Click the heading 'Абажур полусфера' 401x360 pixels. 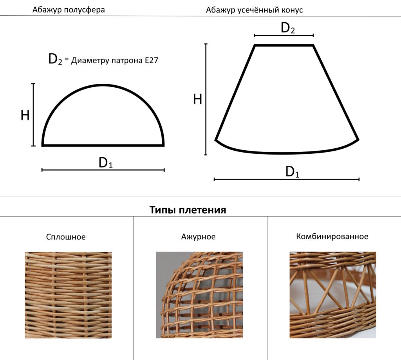click(69, 10)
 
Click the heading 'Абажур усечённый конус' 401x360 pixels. click(254, 10)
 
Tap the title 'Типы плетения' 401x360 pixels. click(188, 210)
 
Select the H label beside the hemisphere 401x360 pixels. click(25, 115)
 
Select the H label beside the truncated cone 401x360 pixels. click(198, 99)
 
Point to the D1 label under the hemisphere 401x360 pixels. click(106, 163)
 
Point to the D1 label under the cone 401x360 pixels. click(292, 172)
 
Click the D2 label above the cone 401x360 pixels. click(288, 28)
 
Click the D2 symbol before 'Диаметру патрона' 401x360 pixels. click(55, 59)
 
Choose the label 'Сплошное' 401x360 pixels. click(66, 237)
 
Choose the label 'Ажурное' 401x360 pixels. click(198, 237)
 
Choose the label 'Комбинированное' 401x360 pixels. click(332, 236)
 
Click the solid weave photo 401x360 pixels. click(68, 295)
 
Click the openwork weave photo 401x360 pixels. click(199, 295)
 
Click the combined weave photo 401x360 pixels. click(333, 295)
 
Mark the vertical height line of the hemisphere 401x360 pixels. click(33, 115)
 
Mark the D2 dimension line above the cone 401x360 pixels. click(284, 36)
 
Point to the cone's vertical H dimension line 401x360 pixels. click(206, 99)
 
